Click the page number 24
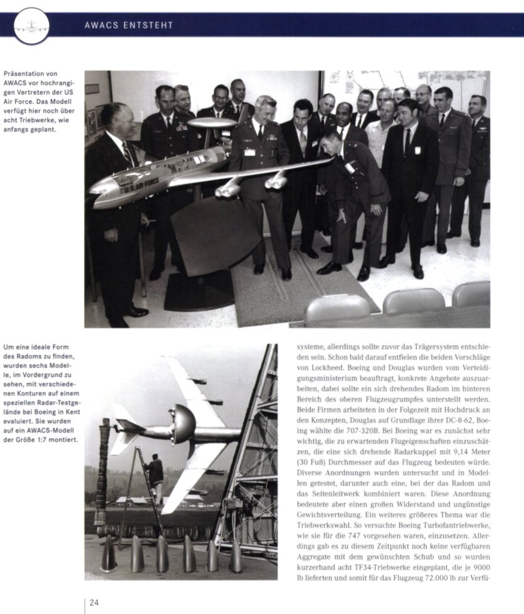coord(94,603)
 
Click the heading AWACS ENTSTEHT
coord(128,26)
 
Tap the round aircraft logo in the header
coord(31,26)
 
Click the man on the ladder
coord(154,470)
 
